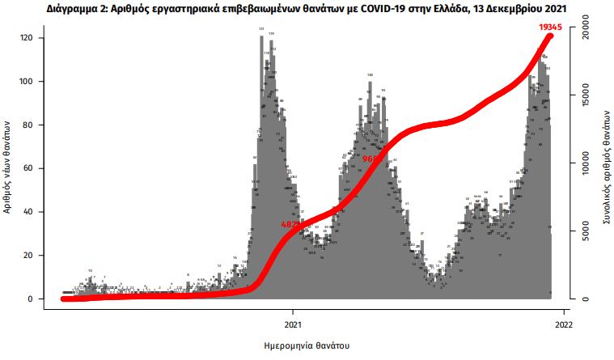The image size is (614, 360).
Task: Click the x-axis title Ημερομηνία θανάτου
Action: [x=307, y=345]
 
